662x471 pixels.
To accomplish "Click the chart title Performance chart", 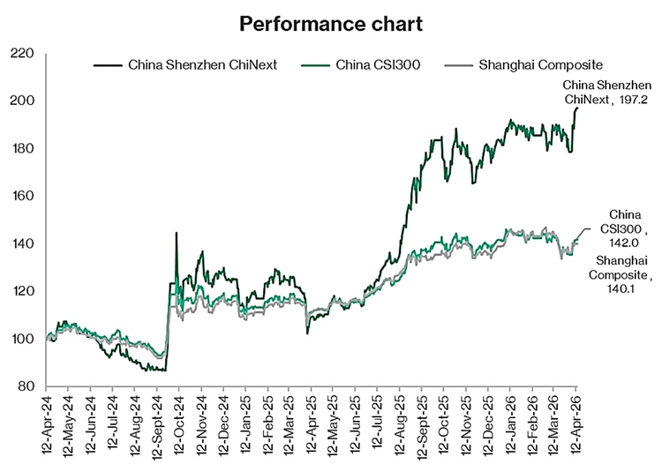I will tap(330, 24).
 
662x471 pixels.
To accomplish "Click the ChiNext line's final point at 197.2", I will tap(576, 108).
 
